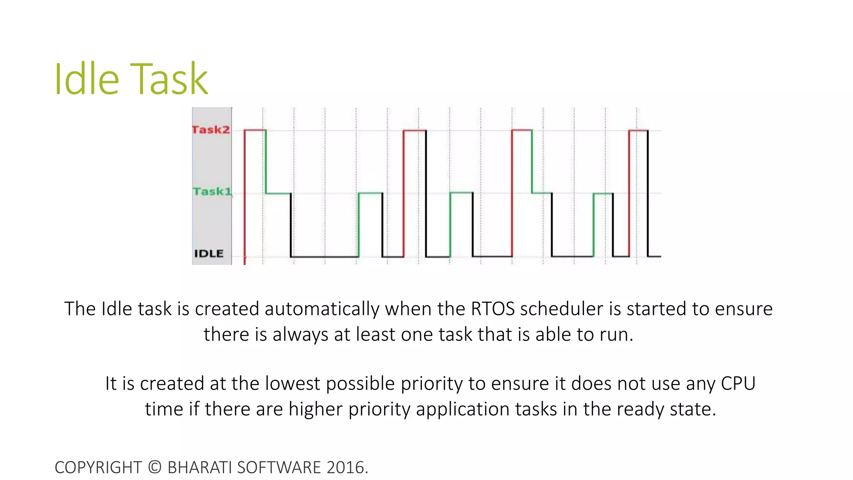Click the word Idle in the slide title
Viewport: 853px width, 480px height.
87,79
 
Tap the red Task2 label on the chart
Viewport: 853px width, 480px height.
211,130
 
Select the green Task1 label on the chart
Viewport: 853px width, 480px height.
212,191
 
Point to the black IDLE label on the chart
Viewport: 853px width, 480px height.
209,253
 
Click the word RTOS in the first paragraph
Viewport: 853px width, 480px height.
493,309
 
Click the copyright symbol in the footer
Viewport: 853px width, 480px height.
155,467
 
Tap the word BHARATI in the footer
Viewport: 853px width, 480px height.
200,467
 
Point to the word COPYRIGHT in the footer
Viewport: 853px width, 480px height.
98,467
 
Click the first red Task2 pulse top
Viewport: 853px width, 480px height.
255,130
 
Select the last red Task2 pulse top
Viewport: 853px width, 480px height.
638,130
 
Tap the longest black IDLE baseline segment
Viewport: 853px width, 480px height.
324,257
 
